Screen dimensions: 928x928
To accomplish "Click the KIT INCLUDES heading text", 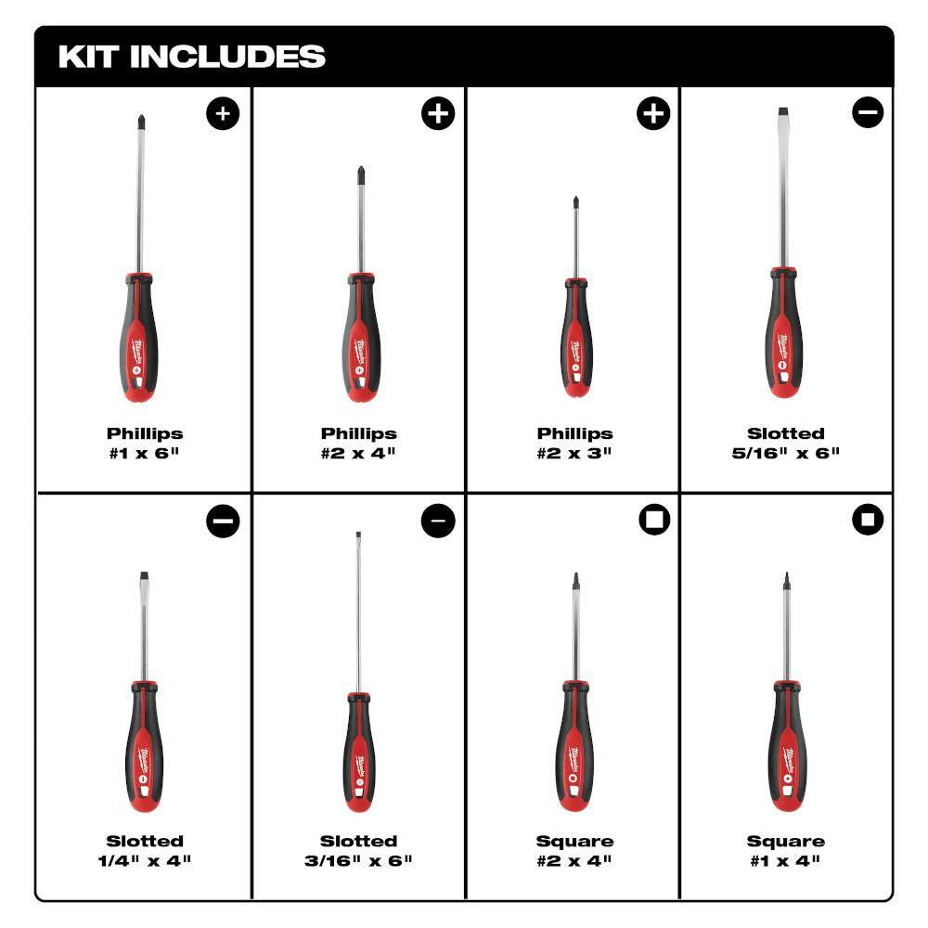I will [192, 57].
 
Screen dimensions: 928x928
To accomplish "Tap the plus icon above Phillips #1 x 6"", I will [223, 114].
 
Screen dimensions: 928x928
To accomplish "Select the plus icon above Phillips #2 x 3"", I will [652, 114].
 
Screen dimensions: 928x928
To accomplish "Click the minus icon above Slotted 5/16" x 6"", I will [868, 113].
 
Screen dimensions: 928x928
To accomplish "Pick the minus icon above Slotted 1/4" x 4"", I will [223, 522].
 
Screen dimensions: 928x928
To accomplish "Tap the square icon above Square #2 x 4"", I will [654, 521].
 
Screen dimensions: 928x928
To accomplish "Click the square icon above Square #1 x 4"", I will [868, 521].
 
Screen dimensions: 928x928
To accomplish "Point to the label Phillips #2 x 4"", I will [359, 443].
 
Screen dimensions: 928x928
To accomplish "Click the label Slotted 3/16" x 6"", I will [359, 850].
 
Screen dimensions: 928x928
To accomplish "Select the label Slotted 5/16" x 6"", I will [786, 443].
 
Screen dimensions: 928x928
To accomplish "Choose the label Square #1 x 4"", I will [786, 850].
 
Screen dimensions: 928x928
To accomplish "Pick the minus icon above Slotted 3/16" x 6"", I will [438, 522].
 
